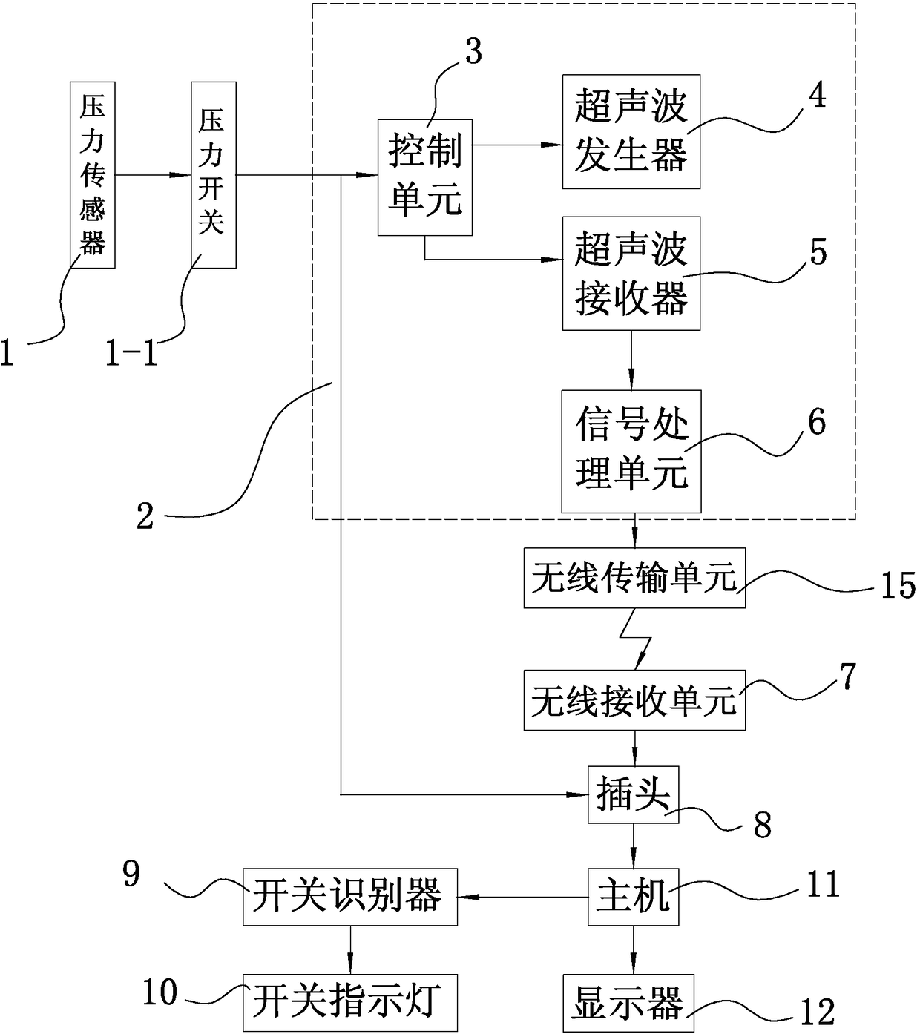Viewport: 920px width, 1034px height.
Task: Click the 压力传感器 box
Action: click(x=93, y=174)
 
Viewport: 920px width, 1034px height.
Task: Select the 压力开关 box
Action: click(x=214, y=174)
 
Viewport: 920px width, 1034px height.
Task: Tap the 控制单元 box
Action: click(x=425, y=177)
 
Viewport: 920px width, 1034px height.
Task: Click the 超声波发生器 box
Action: click(x=631, y=132)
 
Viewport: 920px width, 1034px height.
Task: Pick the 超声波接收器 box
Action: click(x=631, y=274)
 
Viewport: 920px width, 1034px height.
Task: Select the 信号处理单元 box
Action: click(x=631, y=452)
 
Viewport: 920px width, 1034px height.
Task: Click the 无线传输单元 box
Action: click(x=634, y=579)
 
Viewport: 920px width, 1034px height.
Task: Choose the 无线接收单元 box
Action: click(x=634, y=700)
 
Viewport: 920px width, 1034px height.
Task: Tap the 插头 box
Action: click(x=633, y=794)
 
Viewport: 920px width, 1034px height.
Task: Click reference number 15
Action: click(x=898, y=585)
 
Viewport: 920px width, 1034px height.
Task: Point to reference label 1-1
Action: click(x=131, y=353)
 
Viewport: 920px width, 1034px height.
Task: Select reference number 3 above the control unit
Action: click(x=473, y=51)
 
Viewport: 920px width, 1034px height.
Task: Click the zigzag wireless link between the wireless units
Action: click(x=636, y=639)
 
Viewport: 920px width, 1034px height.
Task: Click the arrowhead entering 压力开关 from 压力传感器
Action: click(x=180, y=175)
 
